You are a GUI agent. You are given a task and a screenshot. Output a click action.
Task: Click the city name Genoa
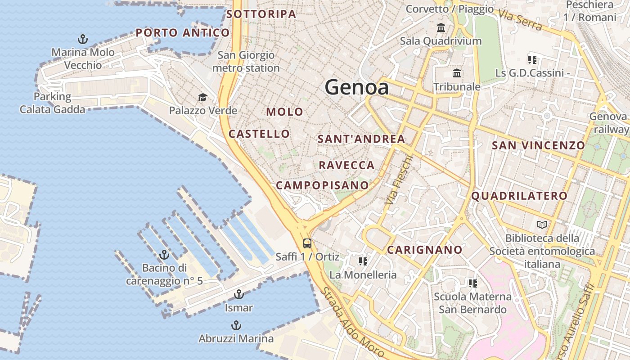pos(357,87)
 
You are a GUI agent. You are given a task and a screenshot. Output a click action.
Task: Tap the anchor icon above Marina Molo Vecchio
pos(83,39)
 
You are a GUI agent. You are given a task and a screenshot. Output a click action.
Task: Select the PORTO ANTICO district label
pos(183,32)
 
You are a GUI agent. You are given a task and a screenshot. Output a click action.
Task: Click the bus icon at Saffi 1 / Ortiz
pos(307,243)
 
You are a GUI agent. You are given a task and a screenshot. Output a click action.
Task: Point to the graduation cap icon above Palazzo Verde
pos(202,97)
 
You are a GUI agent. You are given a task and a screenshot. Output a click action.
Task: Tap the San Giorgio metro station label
pos(246,62)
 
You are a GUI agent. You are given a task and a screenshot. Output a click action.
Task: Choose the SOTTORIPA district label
pos(261,14)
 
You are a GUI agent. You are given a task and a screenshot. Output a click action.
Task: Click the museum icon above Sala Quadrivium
pos(441,28)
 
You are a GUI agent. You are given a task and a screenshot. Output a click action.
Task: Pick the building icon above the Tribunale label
pos(457,73)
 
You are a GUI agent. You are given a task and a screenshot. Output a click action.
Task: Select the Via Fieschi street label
pos(399,180)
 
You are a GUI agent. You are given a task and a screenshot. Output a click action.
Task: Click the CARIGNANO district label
pos(424,250)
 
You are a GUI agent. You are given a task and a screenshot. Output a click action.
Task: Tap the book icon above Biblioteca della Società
pos(542,225)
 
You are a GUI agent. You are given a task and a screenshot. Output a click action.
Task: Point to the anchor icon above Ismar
pos(239,295)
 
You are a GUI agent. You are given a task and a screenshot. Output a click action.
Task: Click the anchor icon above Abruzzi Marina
pos(236,325)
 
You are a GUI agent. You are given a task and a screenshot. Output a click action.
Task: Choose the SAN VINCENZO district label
pos(538,145)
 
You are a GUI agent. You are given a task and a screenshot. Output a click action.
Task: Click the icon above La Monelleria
pos(363,261)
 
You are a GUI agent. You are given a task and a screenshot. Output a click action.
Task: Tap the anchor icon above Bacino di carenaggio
pos(164,255)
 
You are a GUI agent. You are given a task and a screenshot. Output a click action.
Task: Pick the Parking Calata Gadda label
pos(52,103)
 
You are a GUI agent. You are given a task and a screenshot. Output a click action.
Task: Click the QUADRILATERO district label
pos(519,196)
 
